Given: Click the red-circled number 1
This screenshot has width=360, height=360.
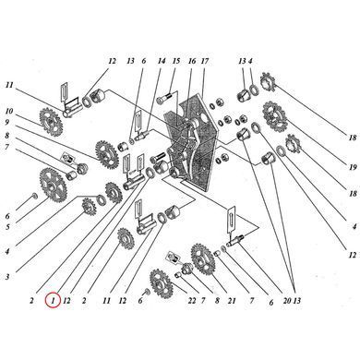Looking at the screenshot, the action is [53, 300].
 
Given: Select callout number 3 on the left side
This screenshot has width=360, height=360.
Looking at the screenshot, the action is [7, 277].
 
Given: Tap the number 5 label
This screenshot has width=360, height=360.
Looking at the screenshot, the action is [7, 227].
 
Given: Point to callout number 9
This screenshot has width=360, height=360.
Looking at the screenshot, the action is [7, 122].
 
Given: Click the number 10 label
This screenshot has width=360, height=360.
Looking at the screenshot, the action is [9, 111].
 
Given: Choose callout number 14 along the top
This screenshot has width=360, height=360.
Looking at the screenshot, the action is [162, 61].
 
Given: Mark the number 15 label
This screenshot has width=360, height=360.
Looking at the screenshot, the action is [176, 61].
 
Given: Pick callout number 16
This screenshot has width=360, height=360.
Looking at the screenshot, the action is [192, 61].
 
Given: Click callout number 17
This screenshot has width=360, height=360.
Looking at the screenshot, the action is [205, 61].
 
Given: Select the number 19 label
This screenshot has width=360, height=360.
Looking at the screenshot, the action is [353, 167].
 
